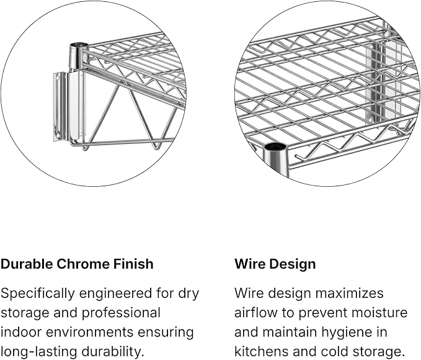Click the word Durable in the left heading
pyautogui.click(x=27, y=264)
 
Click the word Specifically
pyautogui.click(x=37, y=294)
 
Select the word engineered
pyautogui.click(x=115, y=294)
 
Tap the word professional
pyautogui.click(x=121, y=313)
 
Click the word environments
pyautogui.click(x=90, y=332)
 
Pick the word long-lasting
pyautogui.click(x=39, y=352)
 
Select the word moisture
pyautogui.click(x=380, y=313)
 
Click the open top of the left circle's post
pyautogui.click(x=79, y=45)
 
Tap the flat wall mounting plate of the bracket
pyautogui.click(x=60, y=107)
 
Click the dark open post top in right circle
pyautogui.click(x=275, y=147)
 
